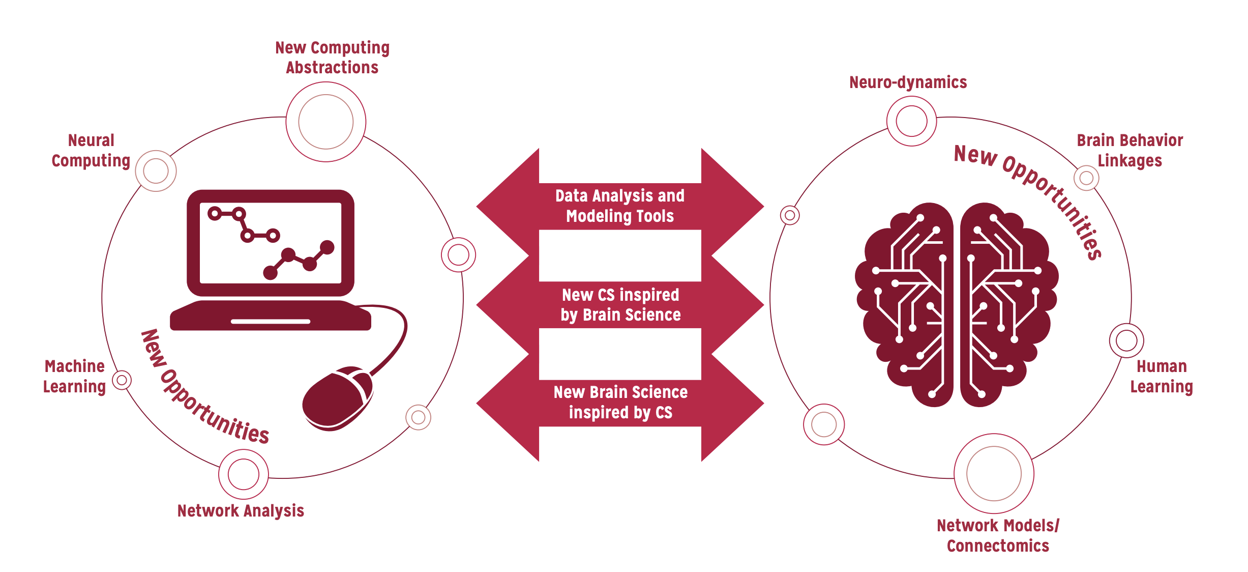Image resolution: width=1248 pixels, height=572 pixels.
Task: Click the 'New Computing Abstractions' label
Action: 332,58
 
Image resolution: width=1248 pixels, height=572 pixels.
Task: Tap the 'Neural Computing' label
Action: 91,150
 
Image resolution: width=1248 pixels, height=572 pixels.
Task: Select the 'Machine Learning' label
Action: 74,376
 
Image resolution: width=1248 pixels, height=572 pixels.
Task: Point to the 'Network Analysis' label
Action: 241,510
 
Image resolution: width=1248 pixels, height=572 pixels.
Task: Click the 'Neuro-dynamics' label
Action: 908,82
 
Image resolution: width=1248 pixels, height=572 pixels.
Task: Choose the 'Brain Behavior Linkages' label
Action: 1130,150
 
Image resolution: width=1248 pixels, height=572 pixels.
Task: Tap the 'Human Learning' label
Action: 1161,376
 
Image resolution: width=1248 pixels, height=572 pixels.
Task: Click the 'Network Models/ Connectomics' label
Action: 998,535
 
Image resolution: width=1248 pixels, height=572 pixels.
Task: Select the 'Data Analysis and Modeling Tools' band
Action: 620,206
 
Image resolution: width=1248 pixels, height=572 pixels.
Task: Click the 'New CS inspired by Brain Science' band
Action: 620,304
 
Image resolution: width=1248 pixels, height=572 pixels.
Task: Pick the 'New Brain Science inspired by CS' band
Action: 620,402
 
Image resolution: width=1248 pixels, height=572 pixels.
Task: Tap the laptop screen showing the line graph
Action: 271,243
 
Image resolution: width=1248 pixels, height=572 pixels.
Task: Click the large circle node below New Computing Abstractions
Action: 325,122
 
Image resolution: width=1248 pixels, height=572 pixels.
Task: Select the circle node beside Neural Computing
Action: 156,171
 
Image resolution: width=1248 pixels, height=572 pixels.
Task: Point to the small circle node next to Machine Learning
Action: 122,380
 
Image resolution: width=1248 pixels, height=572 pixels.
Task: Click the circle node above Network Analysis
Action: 244,474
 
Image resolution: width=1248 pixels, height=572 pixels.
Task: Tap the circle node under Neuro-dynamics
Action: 911,121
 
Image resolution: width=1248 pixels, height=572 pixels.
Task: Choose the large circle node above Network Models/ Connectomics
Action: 994,473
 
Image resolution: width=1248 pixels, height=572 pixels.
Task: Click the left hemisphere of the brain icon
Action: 908,305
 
